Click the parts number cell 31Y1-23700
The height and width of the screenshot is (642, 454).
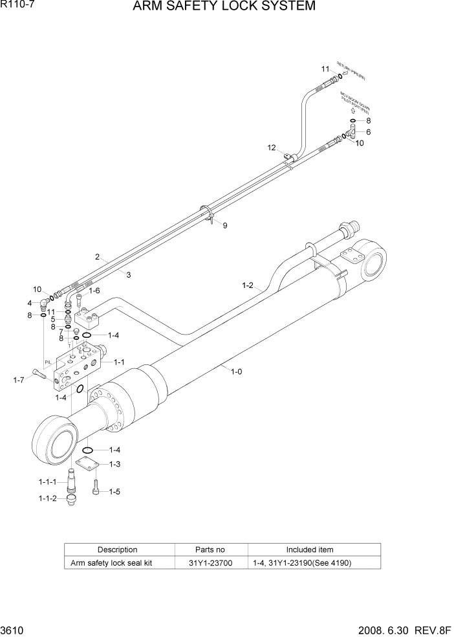pos(211,563)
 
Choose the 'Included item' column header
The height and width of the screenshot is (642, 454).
pos(310,549)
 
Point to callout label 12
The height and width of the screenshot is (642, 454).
pos(272,148)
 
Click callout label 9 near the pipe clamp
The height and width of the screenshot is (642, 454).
pos(225,226)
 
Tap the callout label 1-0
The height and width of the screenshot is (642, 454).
pos(235,371)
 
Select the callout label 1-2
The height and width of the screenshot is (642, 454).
pos(248,285)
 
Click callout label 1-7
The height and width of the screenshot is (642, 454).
pos(19,380)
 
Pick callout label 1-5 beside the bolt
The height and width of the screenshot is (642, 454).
pos(114,491)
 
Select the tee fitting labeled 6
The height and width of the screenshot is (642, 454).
pos(352,133)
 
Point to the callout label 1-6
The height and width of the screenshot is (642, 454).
pos(94,291)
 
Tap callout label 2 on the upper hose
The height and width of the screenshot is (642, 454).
pos(98,257)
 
